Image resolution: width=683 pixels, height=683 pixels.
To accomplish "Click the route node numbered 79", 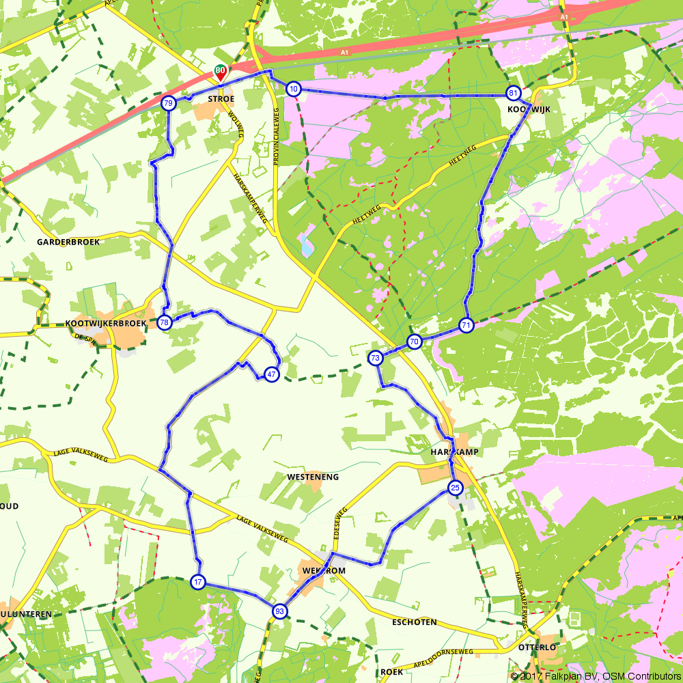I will [x=168, y=103].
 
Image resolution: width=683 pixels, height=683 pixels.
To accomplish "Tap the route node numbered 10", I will [x=293, y=89].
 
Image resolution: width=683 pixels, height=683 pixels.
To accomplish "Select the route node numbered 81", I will [x=512, y=92].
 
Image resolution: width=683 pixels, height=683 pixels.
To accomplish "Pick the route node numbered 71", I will [x=466, y=325].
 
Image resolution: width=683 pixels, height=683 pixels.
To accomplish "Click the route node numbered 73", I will [x=375, y=357].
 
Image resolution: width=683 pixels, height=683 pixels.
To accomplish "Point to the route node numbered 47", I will [x=271, y=374].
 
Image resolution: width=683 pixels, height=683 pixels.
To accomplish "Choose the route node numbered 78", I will [x=164, y=322].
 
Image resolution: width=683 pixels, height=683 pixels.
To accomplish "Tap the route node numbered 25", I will [x=455, y=487].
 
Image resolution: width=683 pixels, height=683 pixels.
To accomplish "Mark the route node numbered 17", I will [x=197, y=582].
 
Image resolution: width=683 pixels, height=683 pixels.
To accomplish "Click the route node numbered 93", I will [x=279, y=611].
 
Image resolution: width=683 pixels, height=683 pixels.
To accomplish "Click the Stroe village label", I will [x=221, y=99].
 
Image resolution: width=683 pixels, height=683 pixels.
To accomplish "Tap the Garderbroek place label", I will [x=68, y=242].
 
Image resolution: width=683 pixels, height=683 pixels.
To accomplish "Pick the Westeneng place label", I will [x=313, y=477].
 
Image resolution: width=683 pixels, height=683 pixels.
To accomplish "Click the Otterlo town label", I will [x=534, y=646].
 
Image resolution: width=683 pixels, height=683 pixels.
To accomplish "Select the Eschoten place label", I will [x=415, y=622].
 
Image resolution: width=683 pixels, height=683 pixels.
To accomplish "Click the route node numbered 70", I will [x=414, y=341].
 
